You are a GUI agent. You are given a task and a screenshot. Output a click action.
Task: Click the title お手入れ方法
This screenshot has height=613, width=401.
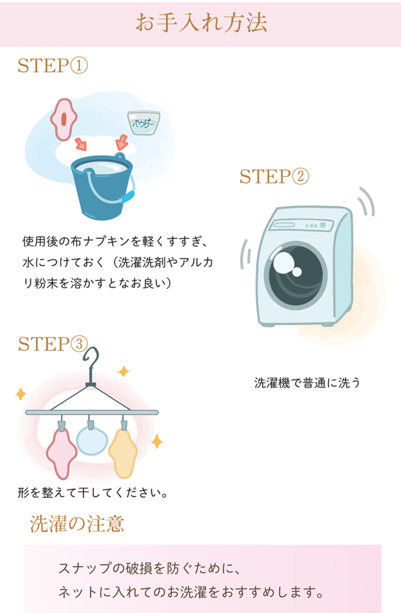click(x=201, y=23)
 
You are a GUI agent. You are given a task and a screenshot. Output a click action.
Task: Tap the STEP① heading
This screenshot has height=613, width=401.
click(x=53, y=66)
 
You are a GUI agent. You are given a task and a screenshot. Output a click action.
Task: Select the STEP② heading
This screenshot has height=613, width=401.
click(x=274, y=177)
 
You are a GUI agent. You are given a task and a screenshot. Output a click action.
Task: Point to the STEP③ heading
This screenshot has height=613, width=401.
click(x=53, y=344)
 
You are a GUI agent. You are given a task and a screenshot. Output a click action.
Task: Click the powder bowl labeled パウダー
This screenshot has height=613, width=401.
click(x=144, y=123)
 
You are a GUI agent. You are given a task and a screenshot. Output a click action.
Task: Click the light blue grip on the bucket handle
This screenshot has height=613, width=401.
click(x=127, y=197)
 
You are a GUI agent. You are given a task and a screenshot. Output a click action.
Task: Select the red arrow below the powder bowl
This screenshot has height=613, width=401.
click(x=122, y=142)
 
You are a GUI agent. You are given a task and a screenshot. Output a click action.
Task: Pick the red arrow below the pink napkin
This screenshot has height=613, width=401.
click(x=81, y=144)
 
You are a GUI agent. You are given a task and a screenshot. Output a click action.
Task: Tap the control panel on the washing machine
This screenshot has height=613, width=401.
click(x=302, y=225)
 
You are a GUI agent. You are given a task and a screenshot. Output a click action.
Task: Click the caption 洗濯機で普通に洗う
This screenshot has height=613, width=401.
click(x=307, y=383)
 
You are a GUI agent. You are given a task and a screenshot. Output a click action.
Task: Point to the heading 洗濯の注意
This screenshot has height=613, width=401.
click(x=77, y=524)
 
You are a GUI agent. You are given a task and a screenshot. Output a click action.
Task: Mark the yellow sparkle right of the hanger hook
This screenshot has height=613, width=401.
click(x=123, y=371)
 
